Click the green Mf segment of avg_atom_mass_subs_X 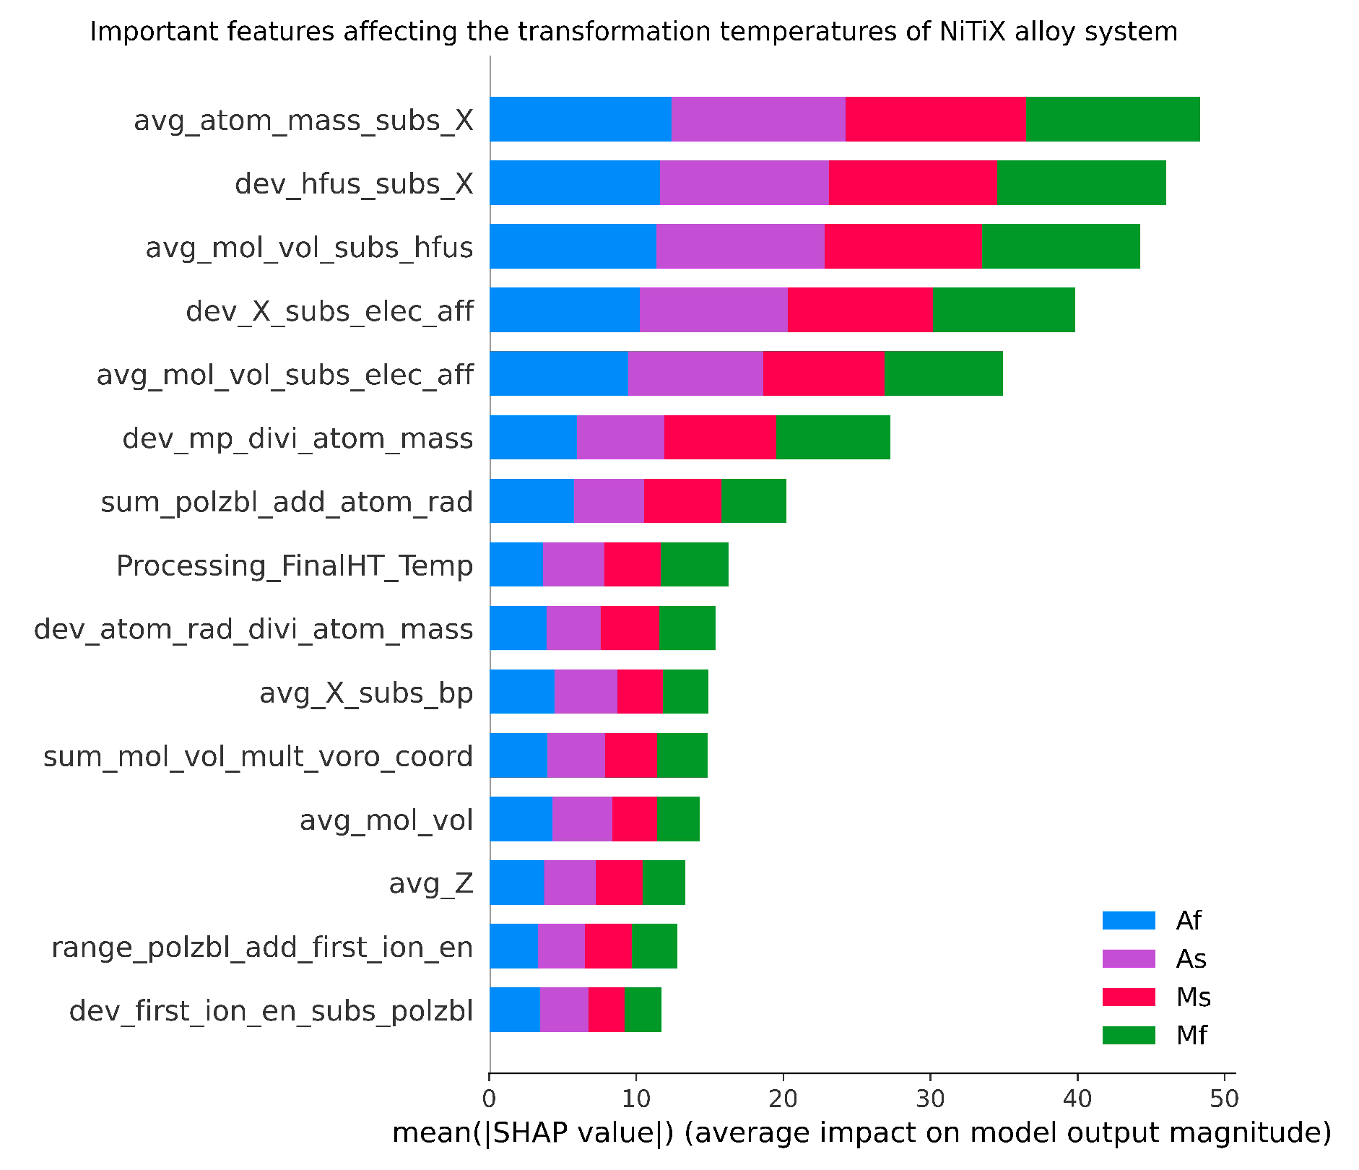pyautogui.click(x=1112, y=119)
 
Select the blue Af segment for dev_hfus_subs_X pyautogui.click(x=574, y=183)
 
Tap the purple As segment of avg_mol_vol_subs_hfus pyautogui.click(x=740, y=246)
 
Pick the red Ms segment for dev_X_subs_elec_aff pyautogui.click(x=859, y=310)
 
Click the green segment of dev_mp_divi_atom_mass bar pyautogui.click(x=833, y=437)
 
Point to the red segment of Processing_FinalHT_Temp pyautogui.click(x=632, y=564)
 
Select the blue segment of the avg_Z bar pyautogui.click(x=516, y=882)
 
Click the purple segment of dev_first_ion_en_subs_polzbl pyautogui.click(x=564, y=1009)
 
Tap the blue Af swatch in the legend pyautogui.click(x=1129, y=920)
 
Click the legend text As pyautogui.click(x=1191, y=959)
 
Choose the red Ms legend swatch pyautogui.click(x=1129, y=997)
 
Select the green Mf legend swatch pyautogui.click(x=1129, y=1035)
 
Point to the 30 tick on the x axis pyautogui.click(x=930, y=1099)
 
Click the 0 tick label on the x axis pyautogui.click(x=490, y=1099)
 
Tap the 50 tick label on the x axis pyautogui.click(x=1224, y=1099)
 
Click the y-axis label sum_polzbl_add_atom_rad pyautogui.click(x=287, y=502)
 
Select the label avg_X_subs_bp pyautogui.click(x=366, y=693)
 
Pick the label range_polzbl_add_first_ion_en pyautogui.click(x=262, y=947)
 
